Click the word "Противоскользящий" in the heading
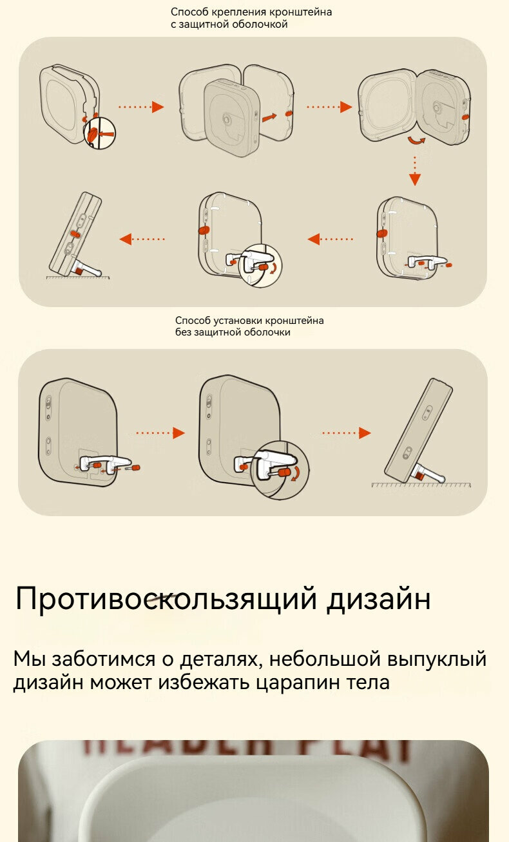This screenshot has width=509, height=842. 166,599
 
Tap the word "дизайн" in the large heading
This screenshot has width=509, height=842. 378,599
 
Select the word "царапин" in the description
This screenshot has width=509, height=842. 302,682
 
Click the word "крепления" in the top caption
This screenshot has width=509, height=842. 233,12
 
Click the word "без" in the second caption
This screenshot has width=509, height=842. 184,332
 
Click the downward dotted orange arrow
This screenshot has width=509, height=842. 415,170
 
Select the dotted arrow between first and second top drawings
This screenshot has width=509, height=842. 140,107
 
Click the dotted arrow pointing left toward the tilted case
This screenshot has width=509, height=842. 142,239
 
